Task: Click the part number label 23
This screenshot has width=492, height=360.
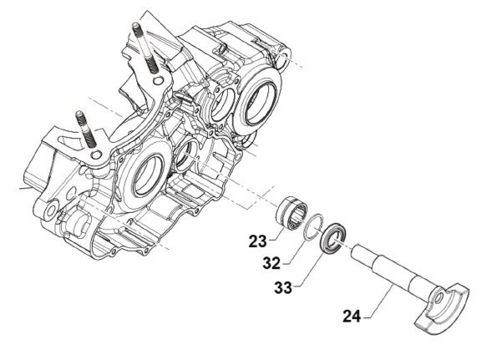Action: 257,241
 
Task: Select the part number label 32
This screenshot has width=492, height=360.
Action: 271,263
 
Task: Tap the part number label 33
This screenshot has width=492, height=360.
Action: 283,287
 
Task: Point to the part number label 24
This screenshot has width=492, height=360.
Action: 352,316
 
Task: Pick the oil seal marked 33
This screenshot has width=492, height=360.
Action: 333,237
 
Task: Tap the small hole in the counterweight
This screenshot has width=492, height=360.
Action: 439,297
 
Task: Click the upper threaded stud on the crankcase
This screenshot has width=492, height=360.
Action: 145,48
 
